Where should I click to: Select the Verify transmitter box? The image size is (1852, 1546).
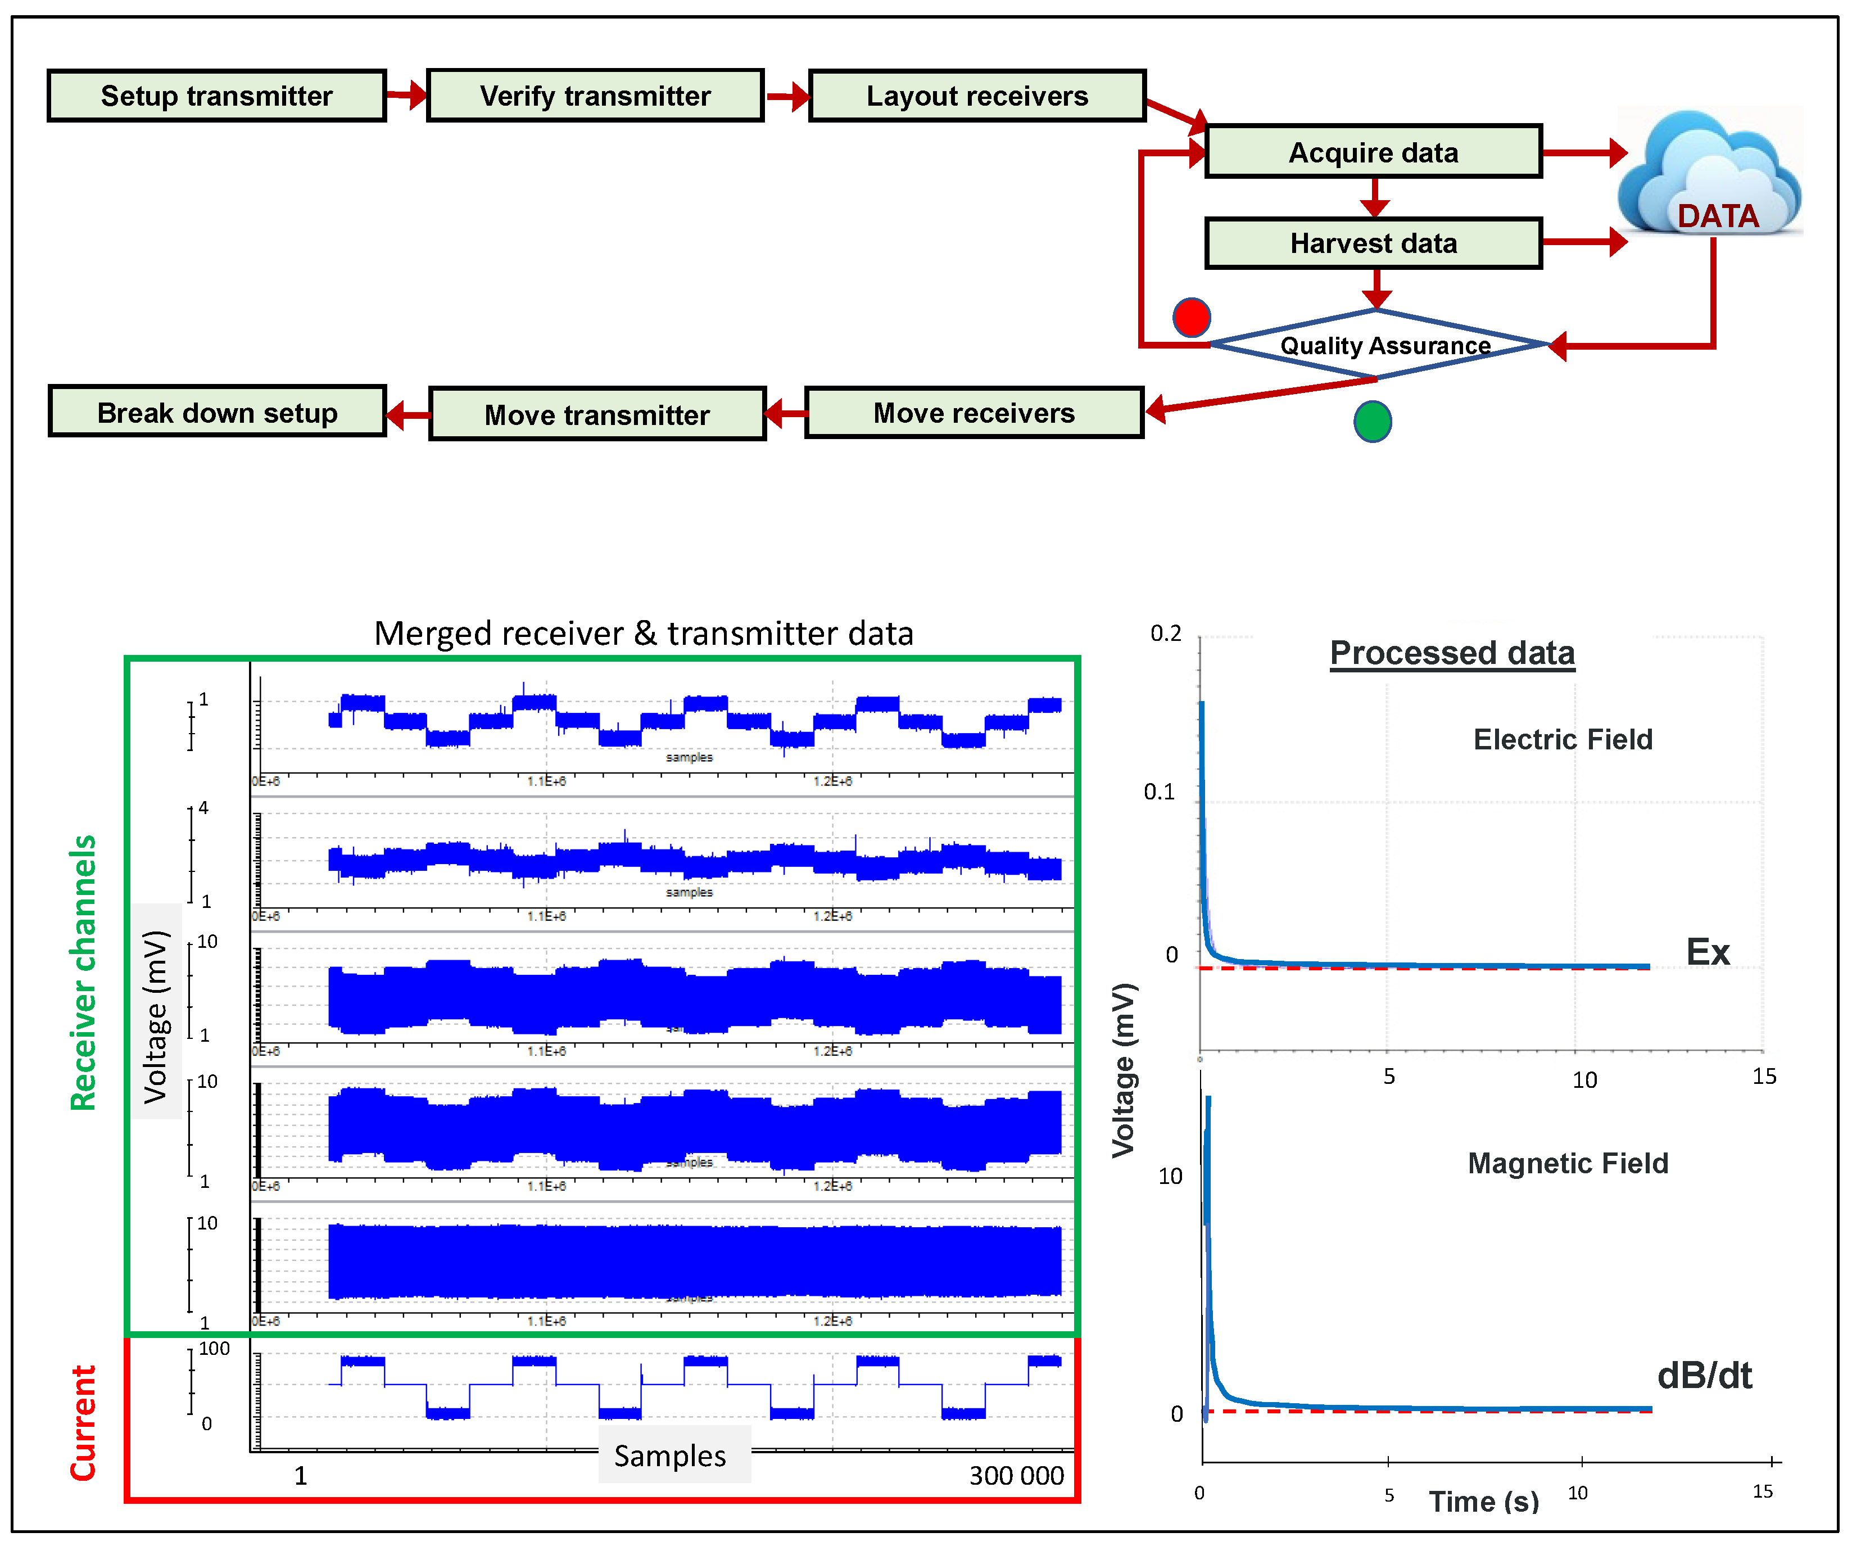point(595,95)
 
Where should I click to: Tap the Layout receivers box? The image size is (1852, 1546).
point(977,95)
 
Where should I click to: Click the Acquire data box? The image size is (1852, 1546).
point(1373,152)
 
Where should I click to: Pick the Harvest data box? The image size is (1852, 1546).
point(1373,242)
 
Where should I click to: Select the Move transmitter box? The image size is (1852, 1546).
point(597,414)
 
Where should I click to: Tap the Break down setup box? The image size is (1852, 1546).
point(217,412)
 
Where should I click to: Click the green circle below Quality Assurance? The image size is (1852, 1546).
point(1372,422)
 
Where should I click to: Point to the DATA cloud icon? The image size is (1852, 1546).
point(1709,173)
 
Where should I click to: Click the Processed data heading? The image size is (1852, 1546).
point(1452,653)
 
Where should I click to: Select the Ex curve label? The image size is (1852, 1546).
point(1708,952)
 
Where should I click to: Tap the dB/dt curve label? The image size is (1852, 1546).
point(1704,1375)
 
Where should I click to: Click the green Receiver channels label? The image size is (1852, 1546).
point(83,972)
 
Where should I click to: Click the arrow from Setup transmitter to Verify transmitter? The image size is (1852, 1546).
point(406,94)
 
